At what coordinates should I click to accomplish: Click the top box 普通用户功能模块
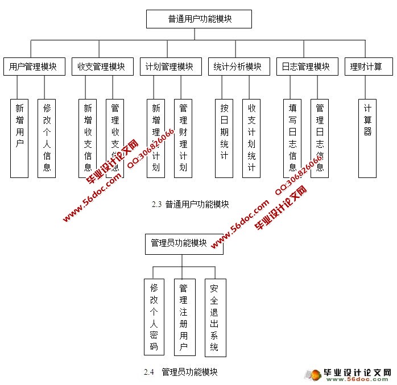(199, 19)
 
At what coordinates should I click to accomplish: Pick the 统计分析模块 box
(238, 67)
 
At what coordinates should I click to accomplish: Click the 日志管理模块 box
(306, 67)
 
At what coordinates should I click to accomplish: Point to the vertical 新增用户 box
(19, 138)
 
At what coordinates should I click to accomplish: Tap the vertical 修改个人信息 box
(47, 138)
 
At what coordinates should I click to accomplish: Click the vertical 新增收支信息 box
(88, 138)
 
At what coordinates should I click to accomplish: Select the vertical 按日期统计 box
(224, 138)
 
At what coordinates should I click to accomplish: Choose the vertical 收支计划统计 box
(251, 138)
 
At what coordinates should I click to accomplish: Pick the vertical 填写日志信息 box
(292, 138)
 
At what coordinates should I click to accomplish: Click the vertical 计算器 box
(367, 138)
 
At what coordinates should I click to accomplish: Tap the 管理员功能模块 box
(184, 243)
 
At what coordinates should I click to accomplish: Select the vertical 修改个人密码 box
(153, 317)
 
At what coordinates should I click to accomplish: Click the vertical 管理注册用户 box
(184, 317)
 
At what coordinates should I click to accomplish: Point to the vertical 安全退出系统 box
(215, 317)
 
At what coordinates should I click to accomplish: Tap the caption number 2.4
(149, 372)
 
